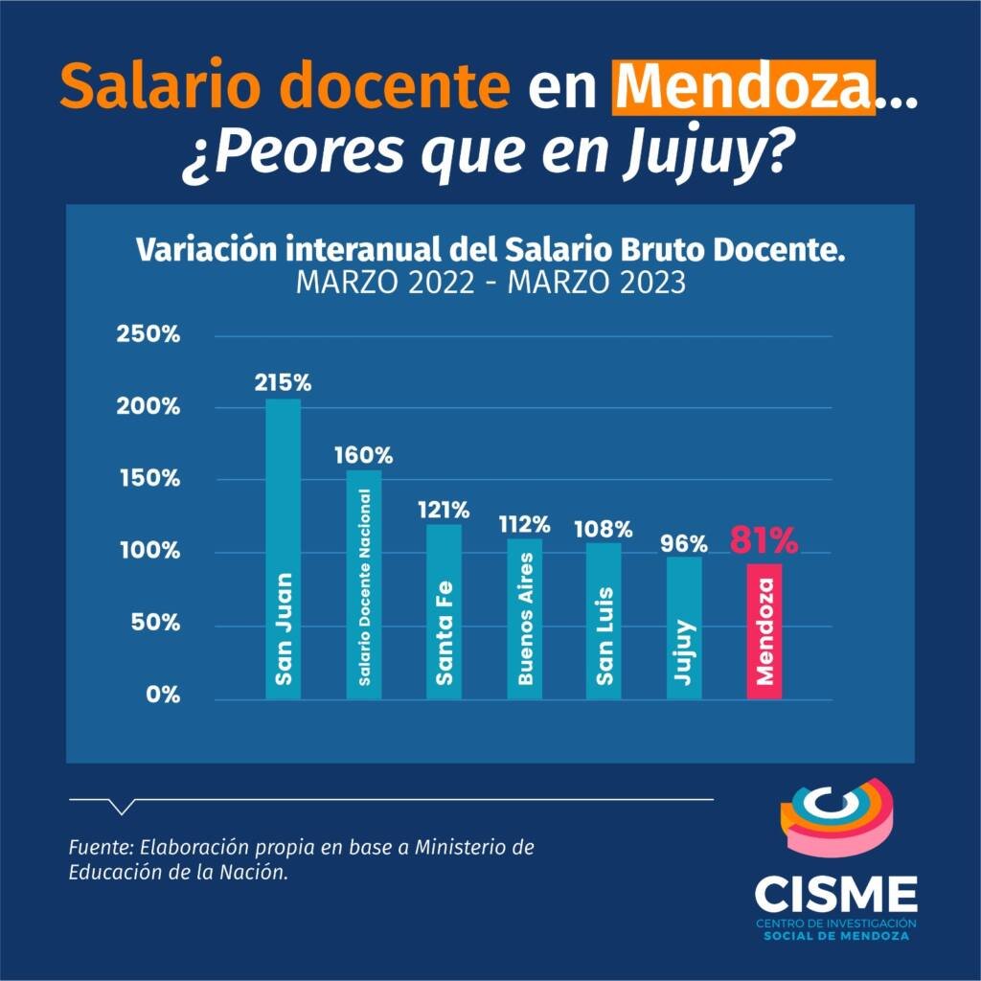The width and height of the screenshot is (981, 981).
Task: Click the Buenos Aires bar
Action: tap(524, 618)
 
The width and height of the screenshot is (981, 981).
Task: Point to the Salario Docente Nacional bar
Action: tap(363, 584)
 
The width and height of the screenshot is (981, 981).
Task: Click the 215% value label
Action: tap(283, 382)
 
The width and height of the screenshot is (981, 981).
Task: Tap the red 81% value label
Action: tap(764, 541)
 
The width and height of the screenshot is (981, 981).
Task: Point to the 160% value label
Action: tap(363, 454)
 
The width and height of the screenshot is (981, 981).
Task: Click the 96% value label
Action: tap(684, 544)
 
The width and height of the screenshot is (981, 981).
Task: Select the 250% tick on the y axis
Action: tap(148, 335)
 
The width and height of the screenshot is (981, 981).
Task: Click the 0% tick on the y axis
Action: tap(163, 695)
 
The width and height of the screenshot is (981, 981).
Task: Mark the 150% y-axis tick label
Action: tap(148, 479)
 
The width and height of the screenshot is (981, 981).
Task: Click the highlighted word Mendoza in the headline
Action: tap(744, 88)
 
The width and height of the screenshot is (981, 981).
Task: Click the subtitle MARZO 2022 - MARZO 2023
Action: tap(490, 284)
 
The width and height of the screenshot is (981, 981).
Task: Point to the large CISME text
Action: tap(835, 894)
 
